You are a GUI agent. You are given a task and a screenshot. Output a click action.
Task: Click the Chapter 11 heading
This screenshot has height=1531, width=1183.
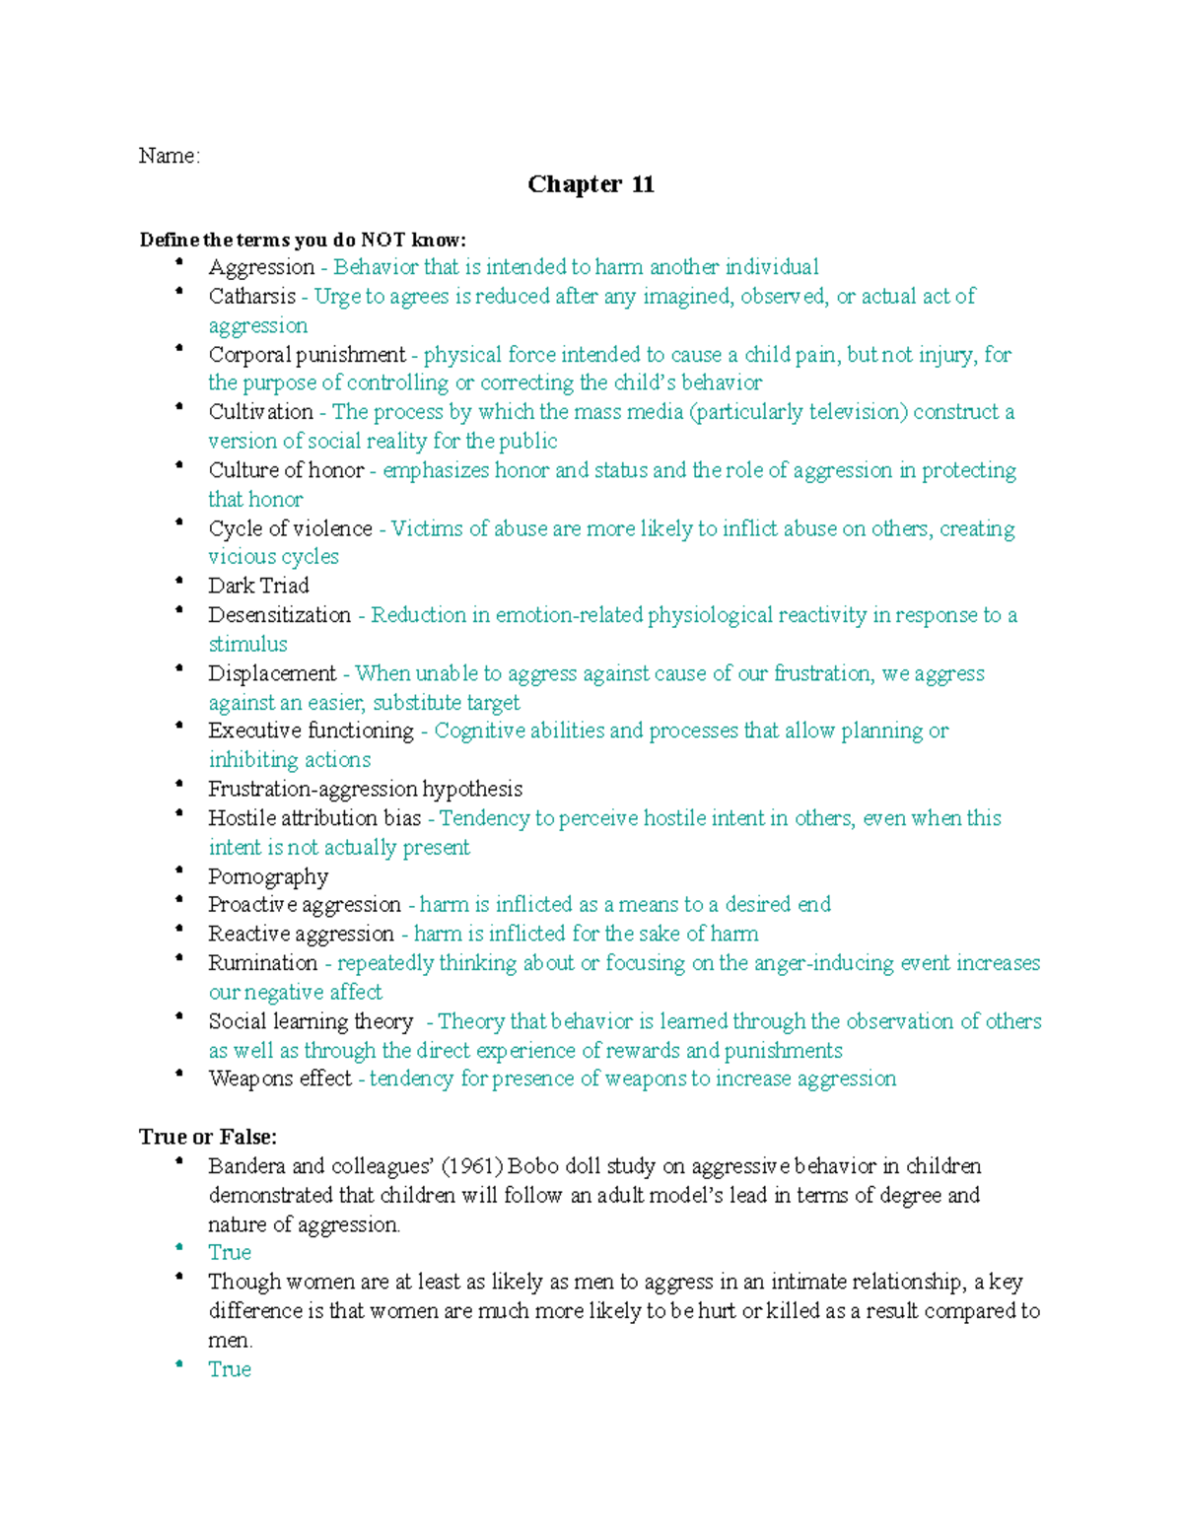591,184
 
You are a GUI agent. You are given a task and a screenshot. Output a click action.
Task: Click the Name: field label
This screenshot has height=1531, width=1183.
169,156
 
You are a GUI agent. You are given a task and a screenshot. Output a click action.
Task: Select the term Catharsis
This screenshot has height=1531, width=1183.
251,296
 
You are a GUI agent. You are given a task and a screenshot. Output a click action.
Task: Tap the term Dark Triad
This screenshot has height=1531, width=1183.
258,586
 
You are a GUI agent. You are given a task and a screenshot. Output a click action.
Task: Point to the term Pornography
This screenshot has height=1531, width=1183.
267,876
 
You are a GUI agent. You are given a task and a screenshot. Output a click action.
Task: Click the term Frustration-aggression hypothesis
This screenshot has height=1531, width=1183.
365,789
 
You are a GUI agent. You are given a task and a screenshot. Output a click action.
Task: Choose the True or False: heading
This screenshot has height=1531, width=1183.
208,1137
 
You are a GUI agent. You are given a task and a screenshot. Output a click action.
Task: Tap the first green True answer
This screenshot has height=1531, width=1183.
230,1253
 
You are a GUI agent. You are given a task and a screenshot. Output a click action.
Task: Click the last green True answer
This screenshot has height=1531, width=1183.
230,1369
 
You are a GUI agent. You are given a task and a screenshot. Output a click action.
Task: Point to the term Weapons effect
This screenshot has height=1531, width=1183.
280,1079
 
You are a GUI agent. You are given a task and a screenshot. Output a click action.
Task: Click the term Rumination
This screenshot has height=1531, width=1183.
262,963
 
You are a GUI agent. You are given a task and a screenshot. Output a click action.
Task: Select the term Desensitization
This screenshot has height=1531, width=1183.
279,615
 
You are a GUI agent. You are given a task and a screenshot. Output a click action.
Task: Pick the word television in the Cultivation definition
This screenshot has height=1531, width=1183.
854,412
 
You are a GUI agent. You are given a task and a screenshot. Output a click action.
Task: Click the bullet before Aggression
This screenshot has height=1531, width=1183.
179,262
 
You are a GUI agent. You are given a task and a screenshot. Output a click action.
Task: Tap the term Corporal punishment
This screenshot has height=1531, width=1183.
307,355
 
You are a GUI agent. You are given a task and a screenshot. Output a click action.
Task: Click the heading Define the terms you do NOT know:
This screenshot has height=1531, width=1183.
303,240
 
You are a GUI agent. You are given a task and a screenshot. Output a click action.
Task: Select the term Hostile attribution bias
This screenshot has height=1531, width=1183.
314,818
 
